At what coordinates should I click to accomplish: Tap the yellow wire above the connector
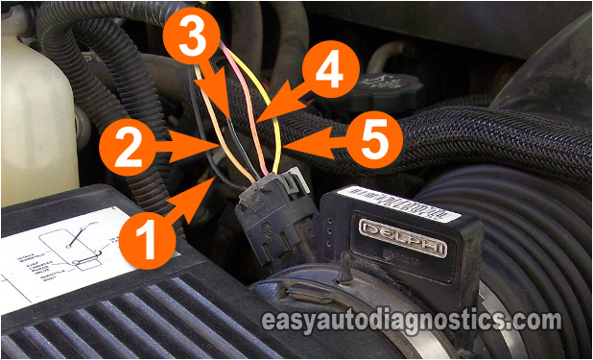point(278,125)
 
